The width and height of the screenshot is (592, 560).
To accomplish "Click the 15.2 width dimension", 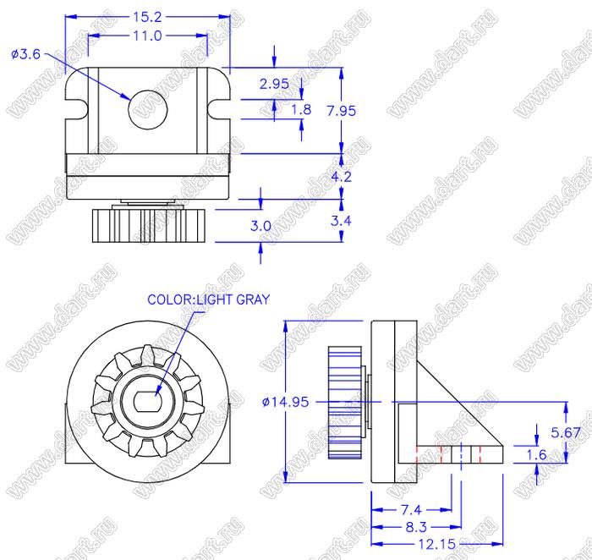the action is tap(147, 17).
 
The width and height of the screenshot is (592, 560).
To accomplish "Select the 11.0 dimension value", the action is tap(147, 36).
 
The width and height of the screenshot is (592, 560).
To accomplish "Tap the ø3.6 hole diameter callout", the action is tap(25, 54).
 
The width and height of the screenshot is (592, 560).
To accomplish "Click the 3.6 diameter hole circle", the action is tap(148, 109).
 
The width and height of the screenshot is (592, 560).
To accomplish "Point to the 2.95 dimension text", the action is tap(274, 84).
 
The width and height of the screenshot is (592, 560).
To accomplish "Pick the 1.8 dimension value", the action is tap(301, 109).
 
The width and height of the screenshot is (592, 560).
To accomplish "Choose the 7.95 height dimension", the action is tap(342, 111).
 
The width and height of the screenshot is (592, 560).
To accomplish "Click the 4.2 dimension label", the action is tap(342, 176).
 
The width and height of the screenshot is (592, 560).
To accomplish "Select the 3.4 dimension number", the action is tap(341, 221).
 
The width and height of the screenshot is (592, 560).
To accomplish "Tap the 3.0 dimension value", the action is tap(260, 226).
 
